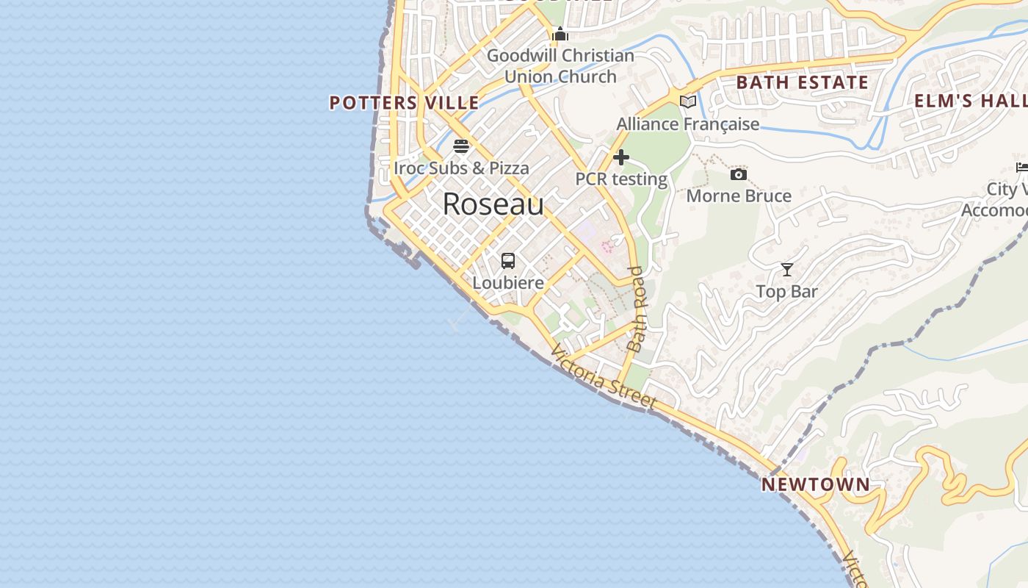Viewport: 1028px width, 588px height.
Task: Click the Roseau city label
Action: point(493,204)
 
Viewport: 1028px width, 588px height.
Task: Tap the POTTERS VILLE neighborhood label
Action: point(404,103)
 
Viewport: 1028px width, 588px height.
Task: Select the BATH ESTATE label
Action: point(803,82)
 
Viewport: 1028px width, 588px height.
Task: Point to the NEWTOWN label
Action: point(815,485)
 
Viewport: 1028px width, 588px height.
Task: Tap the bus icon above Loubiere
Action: point(507,261)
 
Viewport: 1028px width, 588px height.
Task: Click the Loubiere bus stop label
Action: point(508,283)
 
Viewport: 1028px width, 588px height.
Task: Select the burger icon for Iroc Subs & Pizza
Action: point(461,146)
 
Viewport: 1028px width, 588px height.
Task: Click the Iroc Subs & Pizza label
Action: point(461,168)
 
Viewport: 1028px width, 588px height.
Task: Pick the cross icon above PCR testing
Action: point(621,157)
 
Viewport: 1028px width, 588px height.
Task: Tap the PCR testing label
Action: point(621,179)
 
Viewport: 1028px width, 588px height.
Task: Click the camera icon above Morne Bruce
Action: point(739,174)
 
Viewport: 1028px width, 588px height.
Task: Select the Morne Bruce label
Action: point(739,196)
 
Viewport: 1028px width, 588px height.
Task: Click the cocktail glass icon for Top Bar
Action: point(786,270)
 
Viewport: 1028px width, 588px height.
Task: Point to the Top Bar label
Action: point(786,292)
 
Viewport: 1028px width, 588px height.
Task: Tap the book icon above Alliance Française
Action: point(688,102)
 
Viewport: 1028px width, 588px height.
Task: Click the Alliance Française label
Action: point(688,124)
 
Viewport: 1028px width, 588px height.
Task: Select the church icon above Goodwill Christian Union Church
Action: point(560,34)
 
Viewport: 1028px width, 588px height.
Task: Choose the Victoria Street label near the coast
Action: point(604,378)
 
